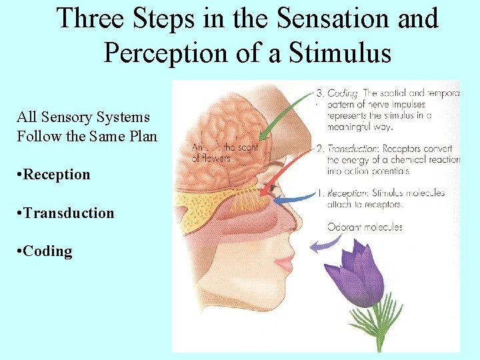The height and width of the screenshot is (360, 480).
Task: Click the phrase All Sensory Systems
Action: point(83,117)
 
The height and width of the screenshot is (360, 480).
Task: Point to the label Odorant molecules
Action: point(365,227)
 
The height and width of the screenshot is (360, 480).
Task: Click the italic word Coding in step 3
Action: point(343,93)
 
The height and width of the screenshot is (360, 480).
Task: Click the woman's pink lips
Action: point(285,263)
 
